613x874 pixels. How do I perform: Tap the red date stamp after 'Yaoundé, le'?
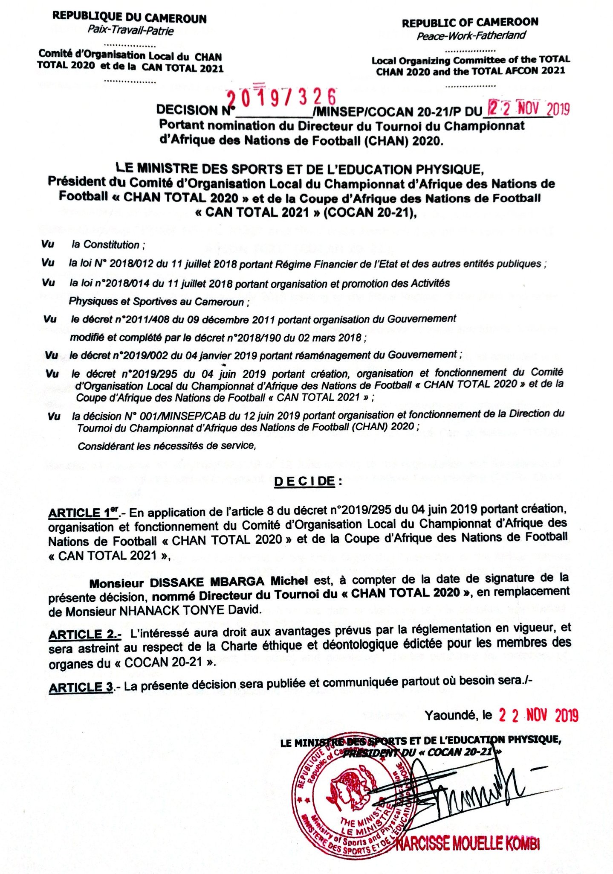[538, 715]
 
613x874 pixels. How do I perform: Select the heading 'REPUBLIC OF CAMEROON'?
[470, 22]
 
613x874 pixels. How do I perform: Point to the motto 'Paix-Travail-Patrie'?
[130, 30]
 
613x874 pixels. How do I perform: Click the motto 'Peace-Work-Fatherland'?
[471, 35]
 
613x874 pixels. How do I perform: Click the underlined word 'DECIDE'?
[304, 481]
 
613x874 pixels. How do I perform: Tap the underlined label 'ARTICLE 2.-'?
[85, 635]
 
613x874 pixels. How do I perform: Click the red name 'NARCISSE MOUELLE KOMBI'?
[468, 844]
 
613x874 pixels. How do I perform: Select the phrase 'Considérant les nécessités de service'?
[166, 446]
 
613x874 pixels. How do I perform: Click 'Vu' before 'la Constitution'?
[48, 244]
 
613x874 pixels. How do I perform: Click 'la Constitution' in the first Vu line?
[106, 245]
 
